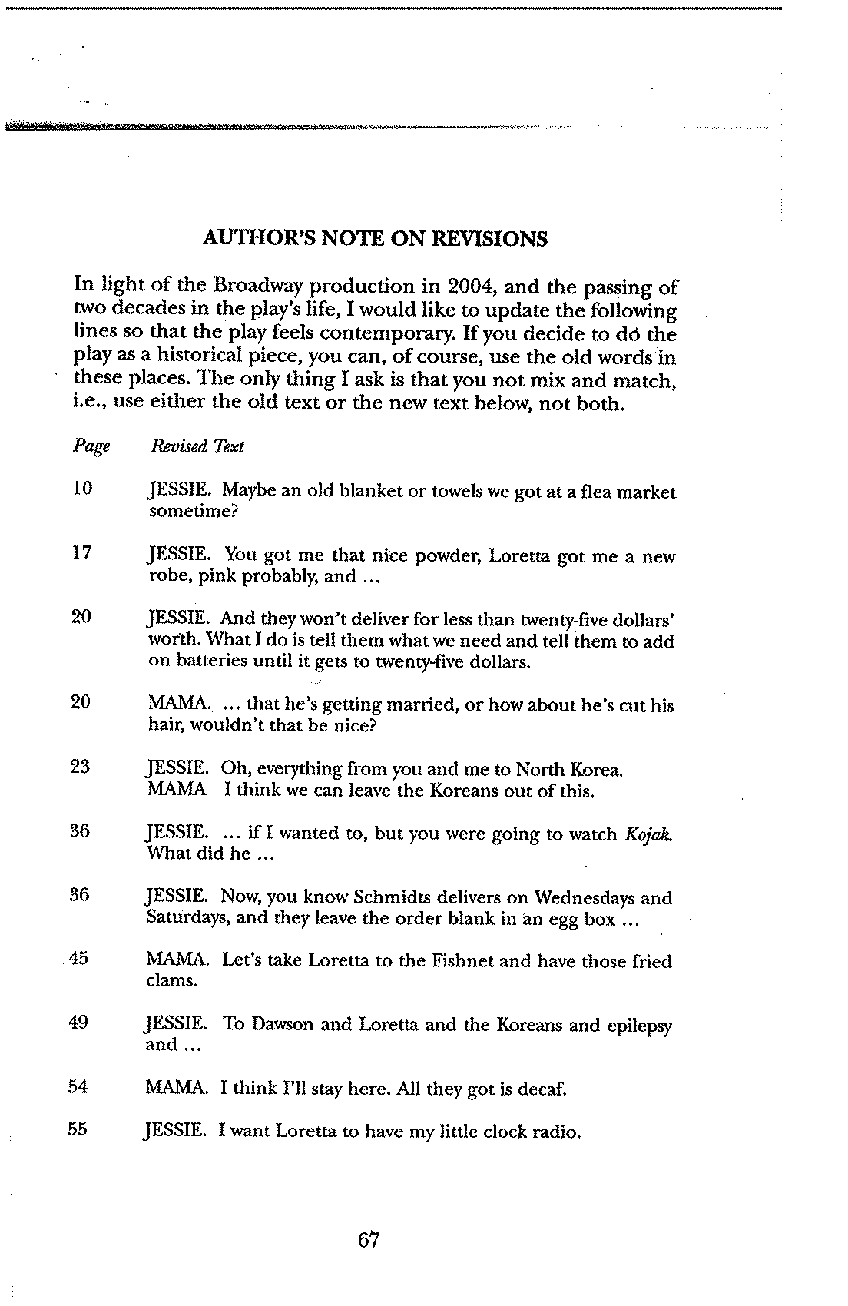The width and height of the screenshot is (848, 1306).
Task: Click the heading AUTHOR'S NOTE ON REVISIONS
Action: (x=375, y=239)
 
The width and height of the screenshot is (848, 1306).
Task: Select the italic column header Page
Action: (x=91, y=446)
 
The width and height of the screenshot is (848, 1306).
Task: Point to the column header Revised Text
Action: (x=197, y=446)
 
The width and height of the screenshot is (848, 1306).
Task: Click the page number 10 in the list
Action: (x=82, y=489)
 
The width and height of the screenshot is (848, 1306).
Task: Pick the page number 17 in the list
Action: (x=82, y=553)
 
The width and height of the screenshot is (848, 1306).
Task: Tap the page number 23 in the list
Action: (x=81, y=767)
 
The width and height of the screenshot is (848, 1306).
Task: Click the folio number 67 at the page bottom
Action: (x=369, y=1239)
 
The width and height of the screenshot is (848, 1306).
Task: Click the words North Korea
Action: (x=568, y=770)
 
